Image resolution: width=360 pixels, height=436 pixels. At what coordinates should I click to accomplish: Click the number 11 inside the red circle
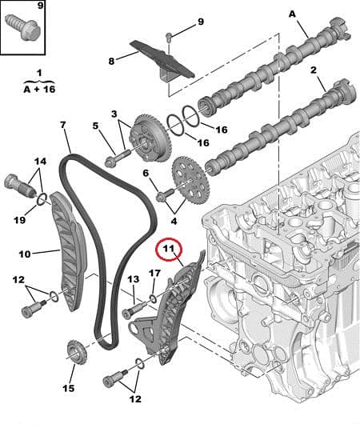[x=169, y=251]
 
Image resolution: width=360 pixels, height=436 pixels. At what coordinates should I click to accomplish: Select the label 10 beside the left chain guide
[x=25, y=254]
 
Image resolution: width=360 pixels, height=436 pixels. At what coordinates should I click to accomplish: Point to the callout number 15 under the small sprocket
[x=69, y=389]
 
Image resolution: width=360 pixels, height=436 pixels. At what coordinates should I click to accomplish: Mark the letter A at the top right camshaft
[x=291, y=13]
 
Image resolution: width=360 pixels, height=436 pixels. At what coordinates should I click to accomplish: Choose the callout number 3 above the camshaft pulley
[x=114, y=114]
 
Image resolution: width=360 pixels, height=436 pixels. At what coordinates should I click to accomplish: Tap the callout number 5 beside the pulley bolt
[x=95, y=126]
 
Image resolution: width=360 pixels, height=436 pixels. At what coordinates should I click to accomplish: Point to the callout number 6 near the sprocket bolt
[x=146, y=172]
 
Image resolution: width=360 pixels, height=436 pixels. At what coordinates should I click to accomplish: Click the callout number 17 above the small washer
[x=154, y=274]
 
